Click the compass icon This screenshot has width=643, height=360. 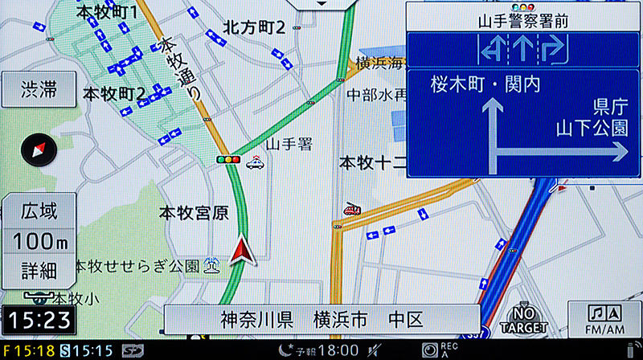38,149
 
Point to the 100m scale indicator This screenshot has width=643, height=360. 39,239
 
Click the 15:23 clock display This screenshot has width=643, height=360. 39,320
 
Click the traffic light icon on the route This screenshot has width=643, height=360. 229,160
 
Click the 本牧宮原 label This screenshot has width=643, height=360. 193,214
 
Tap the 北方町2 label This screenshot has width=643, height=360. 255,28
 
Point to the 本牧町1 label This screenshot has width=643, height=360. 107,13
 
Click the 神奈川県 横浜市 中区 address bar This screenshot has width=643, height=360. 321,320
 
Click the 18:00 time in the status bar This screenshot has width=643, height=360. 337,350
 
